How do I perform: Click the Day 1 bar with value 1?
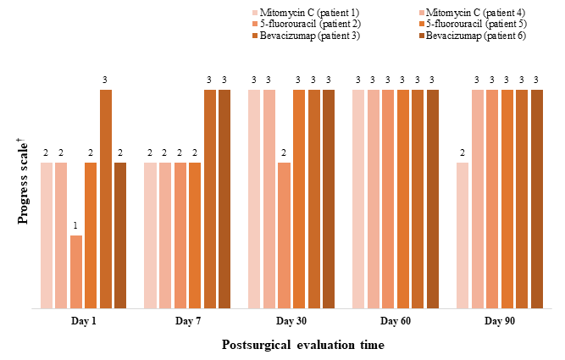pyautogui.click(x=76, y=271)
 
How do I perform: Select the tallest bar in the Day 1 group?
pyautogui.click(x=106, y=198)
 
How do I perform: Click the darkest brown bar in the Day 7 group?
pyautogui.click(x=224, y=198)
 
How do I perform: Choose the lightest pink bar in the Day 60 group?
pyautogui.click(x=358, y=198)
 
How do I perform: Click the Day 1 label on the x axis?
pyautogui.click(x=83, y=322)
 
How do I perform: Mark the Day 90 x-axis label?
pyautogui.click(x=499, y=322)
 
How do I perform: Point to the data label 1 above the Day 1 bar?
pyautogui.click(x=76, y=226)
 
